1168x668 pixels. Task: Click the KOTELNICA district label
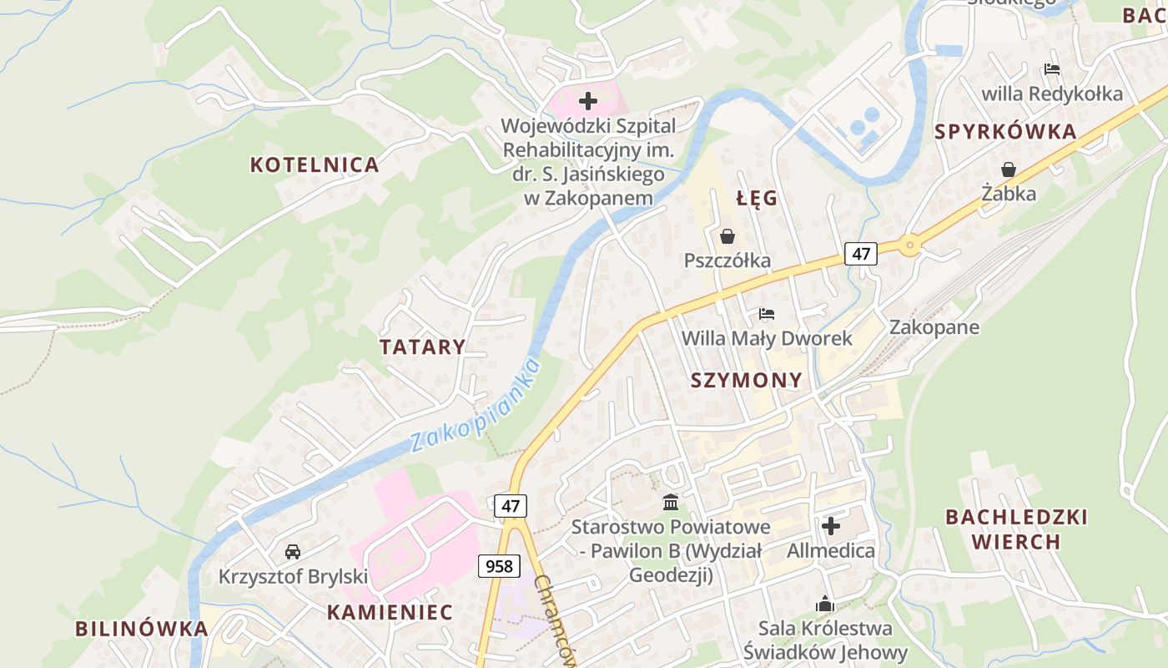click(x=315, y=164)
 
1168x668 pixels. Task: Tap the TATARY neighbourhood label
click(x=422, y=347)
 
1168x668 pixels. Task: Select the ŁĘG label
click(x=757, y=199)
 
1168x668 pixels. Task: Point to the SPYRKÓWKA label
click(x=1005, y=132)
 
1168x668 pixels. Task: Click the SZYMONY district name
click(x=747, y=381)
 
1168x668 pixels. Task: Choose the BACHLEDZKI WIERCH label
click(x=1016, y=529)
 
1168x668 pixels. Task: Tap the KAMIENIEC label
click(x=390, y=612)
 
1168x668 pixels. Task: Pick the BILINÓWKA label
click(x=141, y=629)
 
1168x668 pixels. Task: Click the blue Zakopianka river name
click(x=476, y=405)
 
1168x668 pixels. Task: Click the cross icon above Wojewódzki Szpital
click(x=588, y=102)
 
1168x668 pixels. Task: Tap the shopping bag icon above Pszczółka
click(x=727, y=237)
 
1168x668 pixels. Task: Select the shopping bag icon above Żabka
click(x=1009, y=170)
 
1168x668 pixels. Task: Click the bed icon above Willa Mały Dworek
click(x=767, y=314)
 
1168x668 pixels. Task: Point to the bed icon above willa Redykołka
click(x=1052, y=70)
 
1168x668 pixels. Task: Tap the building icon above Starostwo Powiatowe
click(x=670, y=503)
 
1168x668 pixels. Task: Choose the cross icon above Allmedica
click(x=831, y=526)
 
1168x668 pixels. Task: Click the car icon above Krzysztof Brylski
click(x=293, y=552)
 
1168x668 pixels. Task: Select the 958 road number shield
click(x=499, y=566)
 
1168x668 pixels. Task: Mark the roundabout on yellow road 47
click(x=909, y=245)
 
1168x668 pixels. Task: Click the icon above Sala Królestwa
click(x=825, y=604)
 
